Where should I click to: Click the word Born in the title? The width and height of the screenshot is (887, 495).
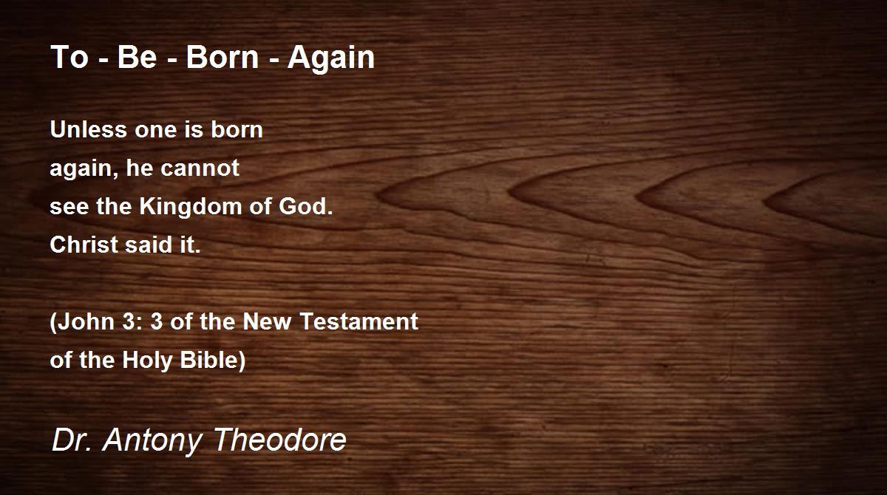[222, 57]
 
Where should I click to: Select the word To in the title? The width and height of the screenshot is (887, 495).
[69, 57]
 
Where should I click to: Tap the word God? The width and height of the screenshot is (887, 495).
[306, 206]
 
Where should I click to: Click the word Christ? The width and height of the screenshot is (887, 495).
[85, 245]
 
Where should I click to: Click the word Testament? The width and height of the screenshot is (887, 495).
[359, 321]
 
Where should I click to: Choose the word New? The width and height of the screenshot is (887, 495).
[268, 321]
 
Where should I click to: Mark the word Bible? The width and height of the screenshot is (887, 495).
[209, 360]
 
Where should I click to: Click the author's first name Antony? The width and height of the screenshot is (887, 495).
[152, 441]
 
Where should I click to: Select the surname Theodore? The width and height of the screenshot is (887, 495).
[281, 439]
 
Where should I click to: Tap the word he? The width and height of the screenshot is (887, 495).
[140, 168]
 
